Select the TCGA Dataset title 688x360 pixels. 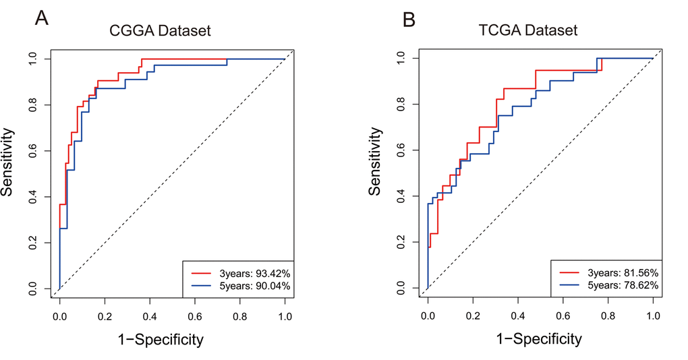click(x=529, y=30)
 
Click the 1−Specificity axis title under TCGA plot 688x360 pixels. click(x=539, y=339)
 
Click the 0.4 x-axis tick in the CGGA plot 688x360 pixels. click(x=150, y=314)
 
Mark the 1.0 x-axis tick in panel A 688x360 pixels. click(x=285, y=314)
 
